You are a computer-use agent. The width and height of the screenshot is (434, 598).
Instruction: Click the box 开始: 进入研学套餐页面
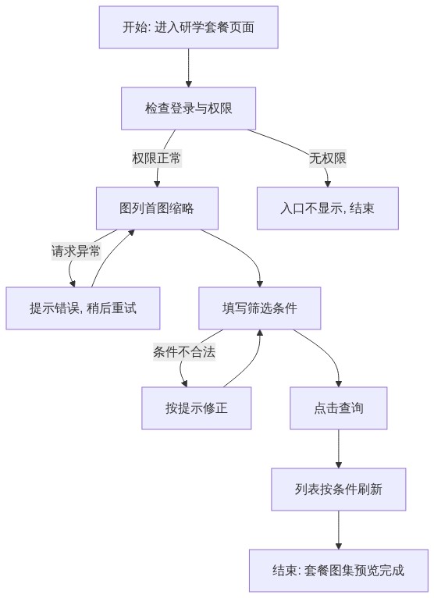(x=188, y=27)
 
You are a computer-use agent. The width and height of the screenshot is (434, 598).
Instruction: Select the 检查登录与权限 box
(x=188, y=109)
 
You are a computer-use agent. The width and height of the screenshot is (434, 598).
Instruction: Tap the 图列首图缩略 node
(x=157, y=208)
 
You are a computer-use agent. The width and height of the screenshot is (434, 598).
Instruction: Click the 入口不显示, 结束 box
(x=328, y=208)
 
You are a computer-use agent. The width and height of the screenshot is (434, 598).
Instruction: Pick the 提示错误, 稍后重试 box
(x=83, y=308)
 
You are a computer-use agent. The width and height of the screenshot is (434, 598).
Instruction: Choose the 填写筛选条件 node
(x=260, y=308)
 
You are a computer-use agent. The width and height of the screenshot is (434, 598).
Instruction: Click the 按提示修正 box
(x=197, y=408)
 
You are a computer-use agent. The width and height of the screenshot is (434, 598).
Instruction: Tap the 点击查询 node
(x=339, y=408)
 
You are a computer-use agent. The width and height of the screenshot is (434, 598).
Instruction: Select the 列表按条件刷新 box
(x=339, y=489)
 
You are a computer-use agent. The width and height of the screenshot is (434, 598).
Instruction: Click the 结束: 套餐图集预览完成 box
(x=339, y=571)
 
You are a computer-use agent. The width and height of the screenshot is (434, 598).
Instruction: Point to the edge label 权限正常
(x=157, y=158)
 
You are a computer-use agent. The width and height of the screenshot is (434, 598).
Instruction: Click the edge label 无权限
(x=328, y=158)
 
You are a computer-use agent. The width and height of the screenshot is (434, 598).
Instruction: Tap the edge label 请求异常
(x=76, y=251)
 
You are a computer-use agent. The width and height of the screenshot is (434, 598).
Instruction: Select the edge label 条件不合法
(x=184, y=351)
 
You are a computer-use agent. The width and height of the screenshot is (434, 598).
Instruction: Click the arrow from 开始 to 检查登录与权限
(x=188, y=68)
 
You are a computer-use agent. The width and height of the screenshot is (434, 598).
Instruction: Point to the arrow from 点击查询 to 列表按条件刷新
(x=339, y=449)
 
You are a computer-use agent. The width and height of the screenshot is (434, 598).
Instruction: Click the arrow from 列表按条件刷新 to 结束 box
(x=339, y=530)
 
